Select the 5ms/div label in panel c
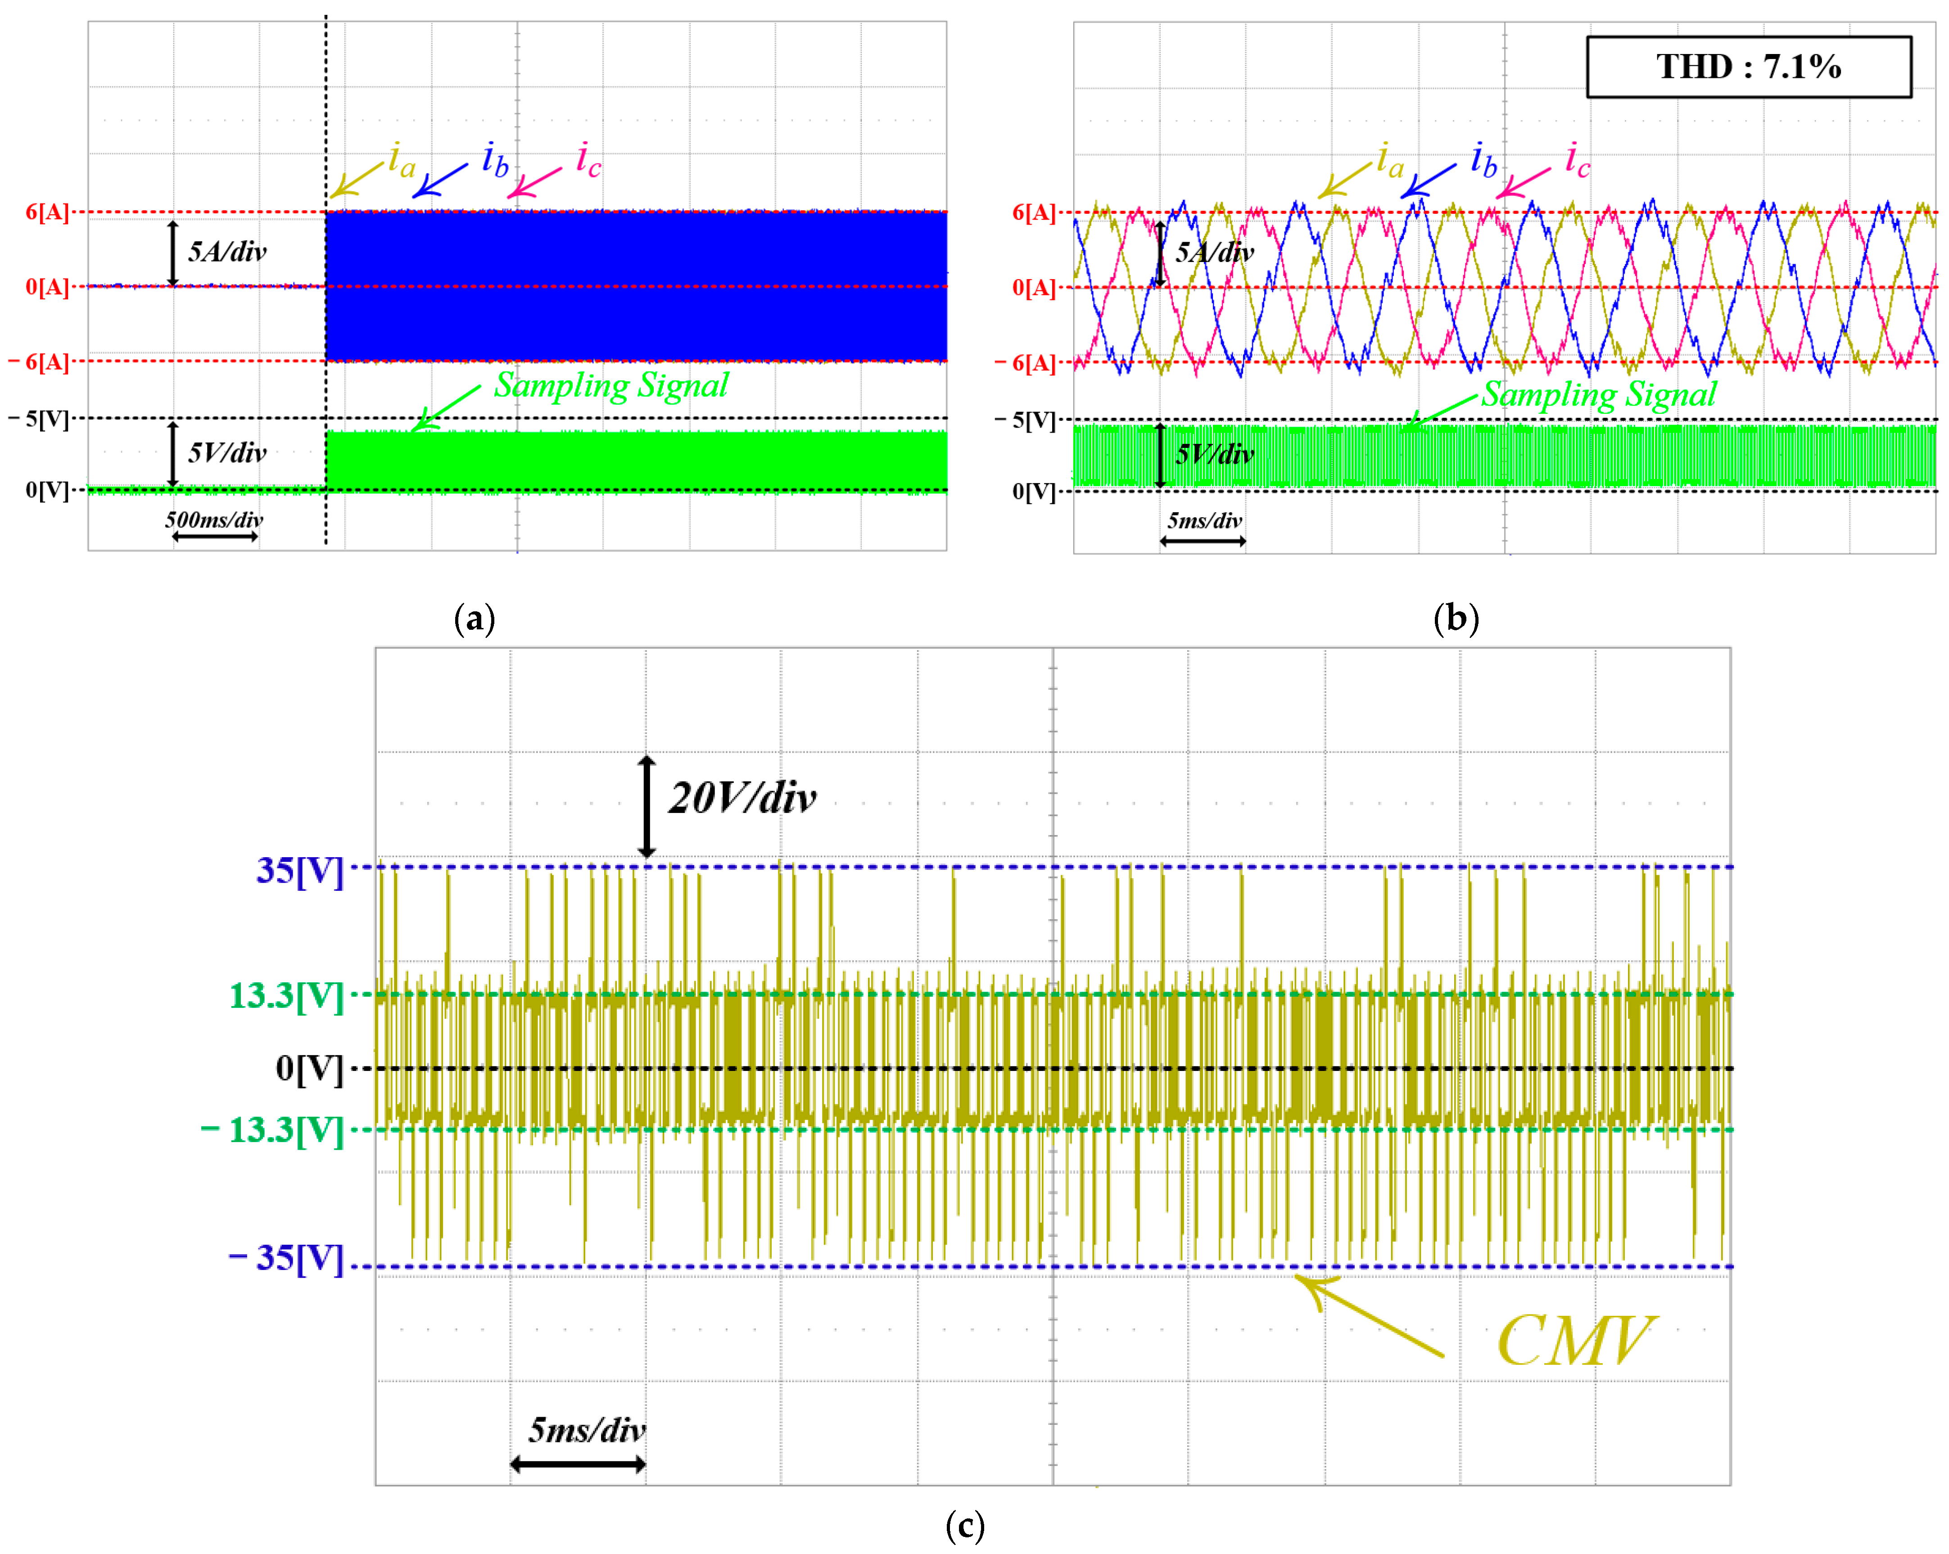point(587,1429)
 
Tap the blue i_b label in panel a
point(494,160)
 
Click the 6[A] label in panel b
point(1033,212)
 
